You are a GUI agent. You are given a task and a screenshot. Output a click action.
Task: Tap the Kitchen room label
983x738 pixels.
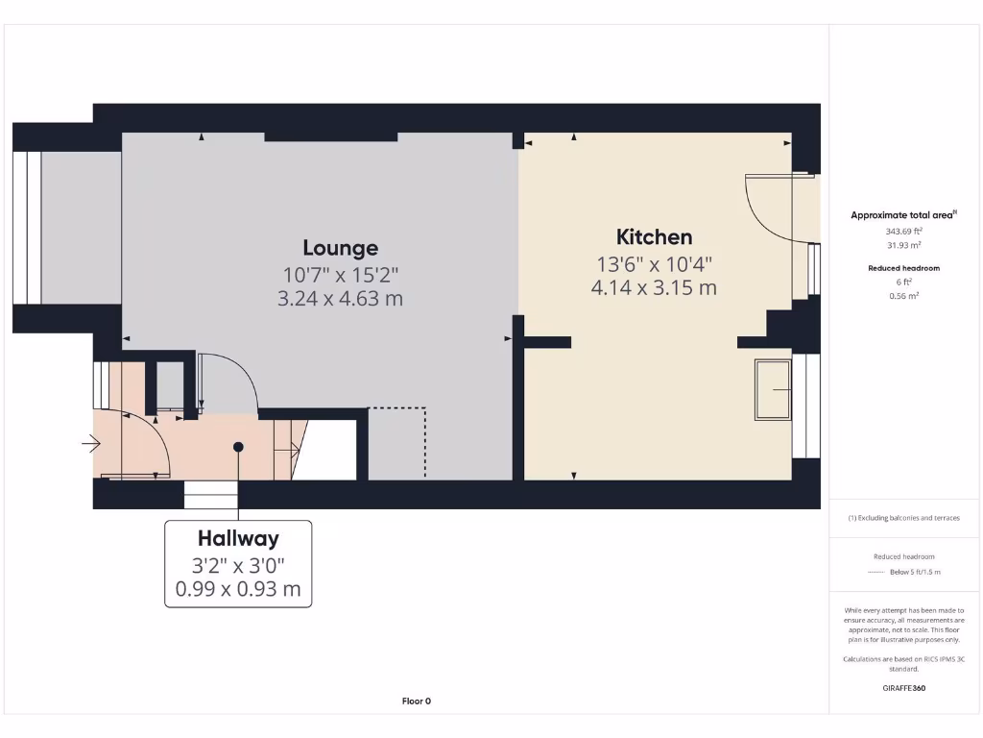[x=654, y=237]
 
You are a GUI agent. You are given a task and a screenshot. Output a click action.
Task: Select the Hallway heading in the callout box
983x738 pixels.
[x=238, y=539]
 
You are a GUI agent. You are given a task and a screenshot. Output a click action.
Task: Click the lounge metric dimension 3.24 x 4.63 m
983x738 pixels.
[x=340, y=299]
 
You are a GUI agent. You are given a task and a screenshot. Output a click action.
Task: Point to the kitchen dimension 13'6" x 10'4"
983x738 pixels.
[x=654, y=263]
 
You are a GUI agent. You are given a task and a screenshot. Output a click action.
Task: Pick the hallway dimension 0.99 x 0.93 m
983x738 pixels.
[x=238, y=589]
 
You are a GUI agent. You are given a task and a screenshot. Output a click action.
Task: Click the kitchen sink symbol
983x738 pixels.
[x=773, y=389]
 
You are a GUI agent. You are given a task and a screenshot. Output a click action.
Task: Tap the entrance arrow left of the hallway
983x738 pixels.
[x=91, y=444]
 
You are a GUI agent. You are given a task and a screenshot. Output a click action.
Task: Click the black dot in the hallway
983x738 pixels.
[x=238, y=447]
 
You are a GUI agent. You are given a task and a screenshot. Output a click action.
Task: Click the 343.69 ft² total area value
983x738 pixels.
[x=903, y=232]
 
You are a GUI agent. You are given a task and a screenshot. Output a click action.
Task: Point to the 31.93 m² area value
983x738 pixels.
[x=903, y=245]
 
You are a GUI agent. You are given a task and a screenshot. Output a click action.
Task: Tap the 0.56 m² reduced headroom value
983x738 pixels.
[x=903, y=296]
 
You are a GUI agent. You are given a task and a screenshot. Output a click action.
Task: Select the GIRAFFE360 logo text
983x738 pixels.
[x=903, y=688]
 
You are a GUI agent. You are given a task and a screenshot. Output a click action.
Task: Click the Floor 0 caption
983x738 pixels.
[x=416, y=701]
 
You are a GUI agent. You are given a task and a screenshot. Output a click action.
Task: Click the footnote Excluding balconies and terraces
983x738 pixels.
[x=903, y=518]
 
